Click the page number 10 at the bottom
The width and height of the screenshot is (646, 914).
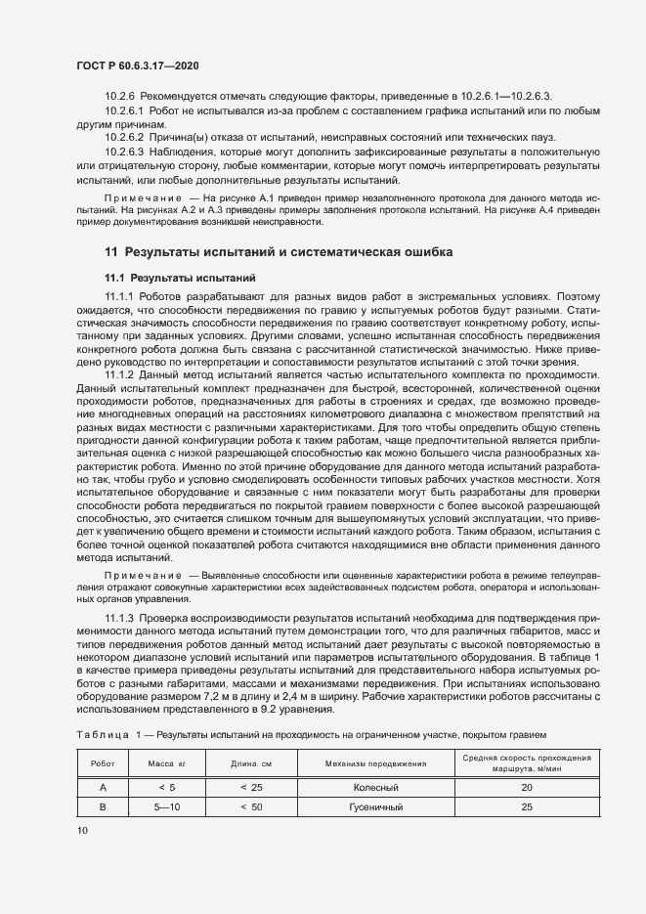(82, 830)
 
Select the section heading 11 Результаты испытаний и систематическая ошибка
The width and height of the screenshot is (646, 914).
(279, 252)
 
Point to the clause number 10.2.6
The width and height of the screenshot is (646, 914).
(120, 96)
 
